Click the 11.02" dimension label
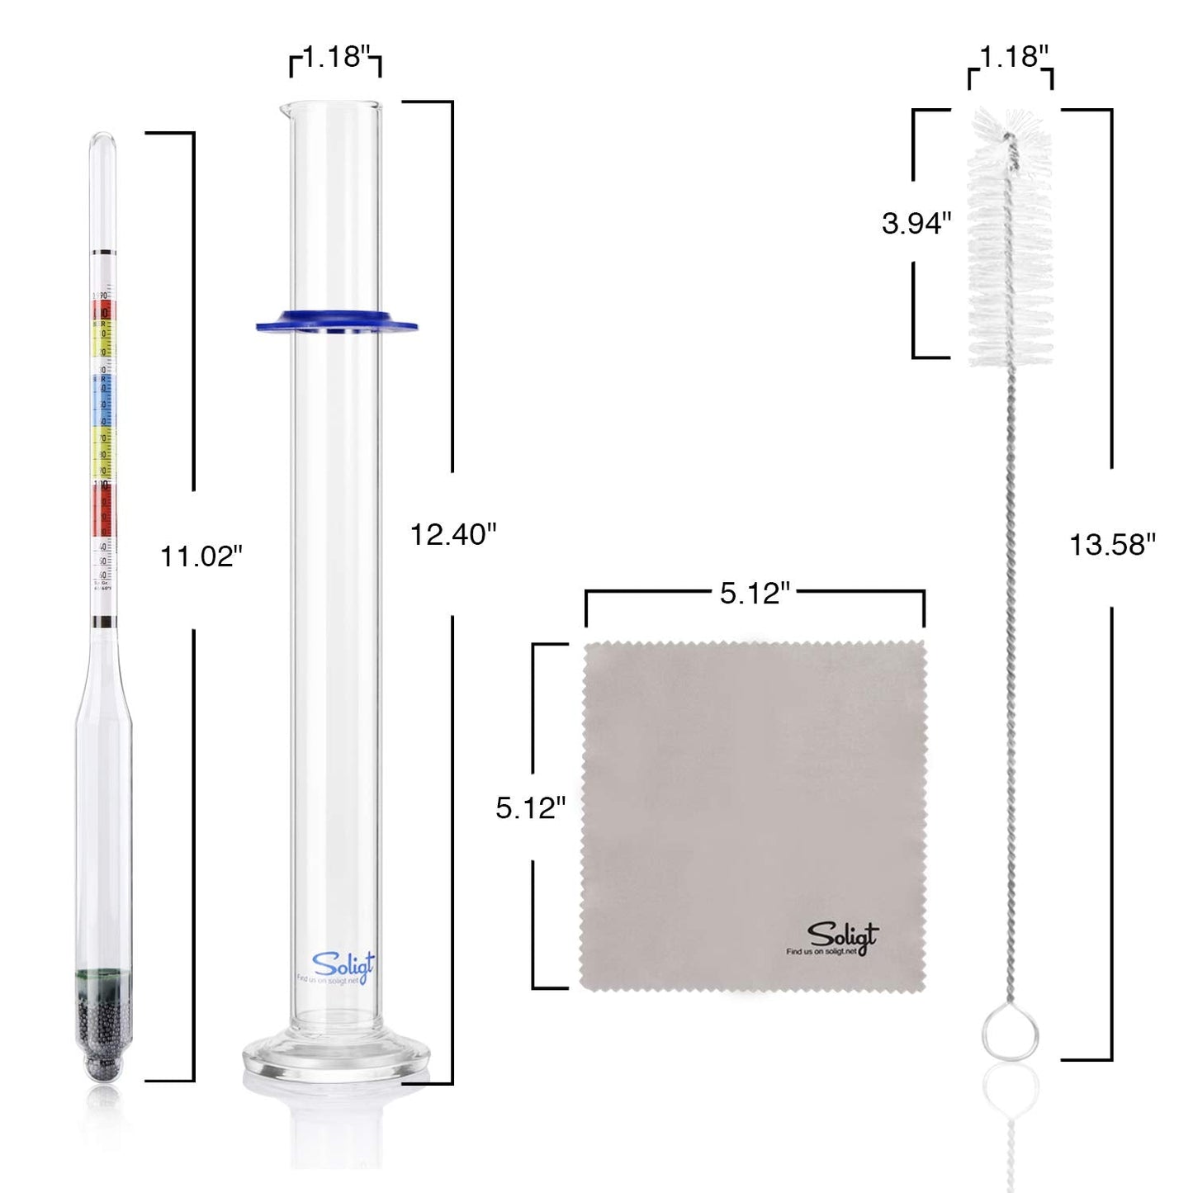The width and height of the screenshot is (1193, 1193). [x=201, y=556]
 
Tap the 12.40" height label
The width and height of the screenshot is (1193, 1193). [x=453, y=535]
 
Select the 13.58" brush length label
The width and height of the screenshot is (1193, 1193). [x=1112, y=545]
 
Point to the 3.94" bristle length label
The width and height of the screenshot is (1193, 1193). [x=916, y=223]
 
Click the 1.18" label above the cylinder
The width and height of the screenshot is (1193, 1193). [x=335, y=57]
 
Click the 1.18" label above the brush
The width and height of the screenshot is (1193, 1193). [x=1014, y=57]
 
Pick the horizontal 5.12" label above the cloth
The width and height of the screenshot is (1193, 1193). [x=755, y=593]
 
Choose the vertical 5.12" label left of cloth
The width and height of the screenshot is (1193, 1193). [x=530, y=807]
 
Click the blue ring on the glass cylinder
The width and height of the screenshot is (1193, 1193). [x=336, y=321]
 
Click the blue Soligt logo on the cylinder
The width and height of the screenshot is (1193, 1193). [x=342, y=963]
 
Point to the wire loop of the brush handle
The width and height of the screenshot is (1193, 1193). [x=1010, y=1031]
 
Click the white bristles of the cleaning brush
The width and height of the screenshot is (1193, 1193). [x=1011, y=239]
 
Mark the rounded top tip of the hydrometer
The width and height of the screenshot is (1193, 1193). [x=103, y=140]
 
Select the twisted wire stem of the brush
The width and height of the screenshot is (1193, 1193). [x=1010, y=660]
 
